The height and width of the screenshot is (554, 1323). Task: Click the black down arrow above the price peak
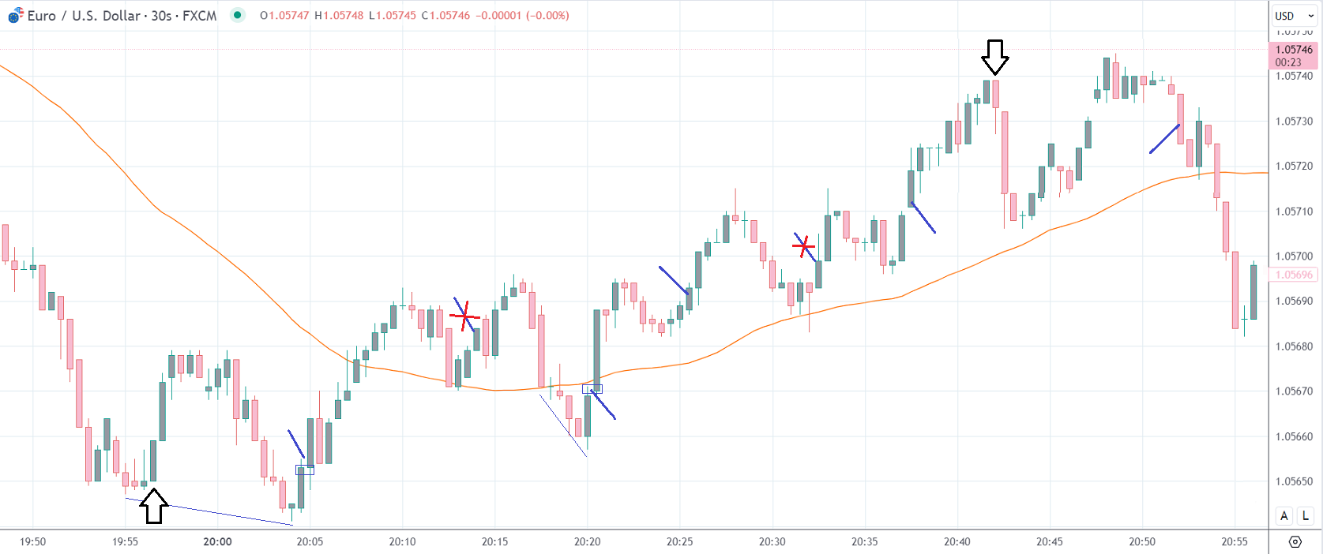tap(995, 57)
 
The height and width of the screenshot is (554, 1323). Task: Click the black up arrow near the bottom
tap(154, 506)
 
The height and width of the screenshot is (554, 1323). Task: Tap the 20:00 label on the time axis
tap(217, 541)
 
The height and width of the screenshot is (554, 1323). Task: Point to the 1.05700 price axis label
tap(1294, 256)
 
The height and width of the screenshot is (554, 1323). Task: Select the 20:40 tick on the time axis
tap(957, 541)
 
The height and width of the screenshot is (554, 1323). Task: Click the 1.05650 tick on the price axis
tap(1294, 481)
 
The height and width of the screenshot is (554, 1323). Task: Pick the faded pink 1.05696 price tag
tap(1294, 275)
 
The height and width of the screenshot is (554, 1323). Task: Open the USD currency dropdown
tap(1294, 16)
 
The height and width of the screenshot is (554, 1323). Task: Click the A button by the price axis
tap(1284, 515)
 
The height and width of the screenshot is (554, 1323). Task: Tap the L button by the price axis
tap(1306, 515)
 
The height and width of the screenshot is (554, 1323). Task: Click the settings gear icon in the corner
tap(1295, 541)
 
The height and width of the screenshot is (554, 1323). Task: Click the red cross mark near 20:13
tap(464, 316)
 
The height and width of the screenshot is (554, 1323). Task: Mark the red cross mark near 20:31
tap(803, 247)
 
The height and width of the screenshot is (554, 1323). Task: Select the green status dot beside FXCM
tap(237, 15)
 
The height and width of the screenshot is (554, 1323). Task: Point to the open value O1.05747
tap(284, 16)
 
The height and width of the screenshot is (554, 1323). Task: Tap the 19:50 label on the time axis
tap(32, 541)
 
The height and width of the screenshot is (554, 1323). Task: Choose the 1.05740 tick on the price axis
tap(1294, 77)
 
